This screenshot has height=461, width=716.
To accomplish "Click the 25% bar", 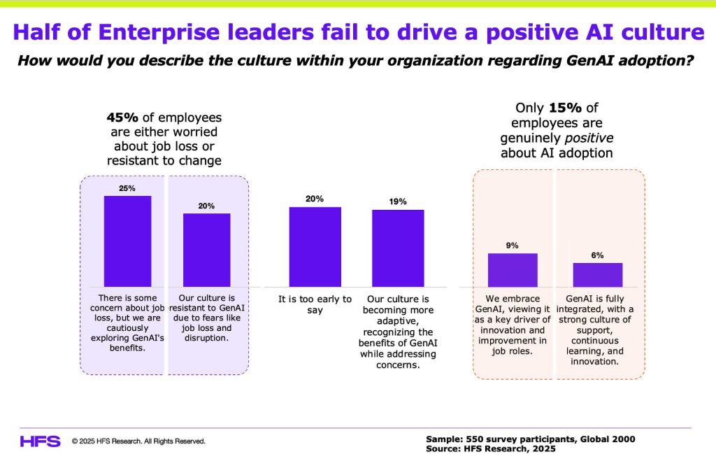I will (127, 241).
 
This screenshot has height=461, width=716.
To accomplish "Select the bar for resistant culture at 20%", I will (206, 250).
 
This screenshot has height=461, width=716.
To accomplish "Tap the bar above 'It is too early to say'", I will (315, 246).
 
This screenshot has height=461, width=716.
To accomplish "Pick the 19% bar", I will (398, 248).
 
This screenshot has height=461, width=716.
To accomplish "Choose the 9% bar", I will (513, 270).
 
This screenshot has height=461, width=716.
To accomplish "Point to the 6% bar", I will (598, 275).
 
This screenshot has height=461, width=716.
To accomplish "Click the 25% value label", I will (127, 189).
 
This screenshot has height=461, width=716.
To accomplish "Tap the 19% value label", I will (398, 201).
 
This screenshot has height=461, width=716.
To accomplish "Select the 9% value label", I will (513, 246).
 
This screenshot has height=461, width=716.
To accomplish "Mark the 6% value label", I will (598, 255).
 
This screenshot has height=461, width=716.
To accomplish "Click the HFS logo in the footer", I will (41, 441).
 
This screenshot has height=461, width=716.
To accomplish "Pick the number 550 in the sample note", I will (478, 439).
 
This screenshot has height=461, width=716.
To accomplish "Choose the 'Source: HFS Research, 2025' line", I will (491, 448).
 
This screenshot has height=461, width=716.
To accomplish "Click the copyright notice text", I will (138, 441).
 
